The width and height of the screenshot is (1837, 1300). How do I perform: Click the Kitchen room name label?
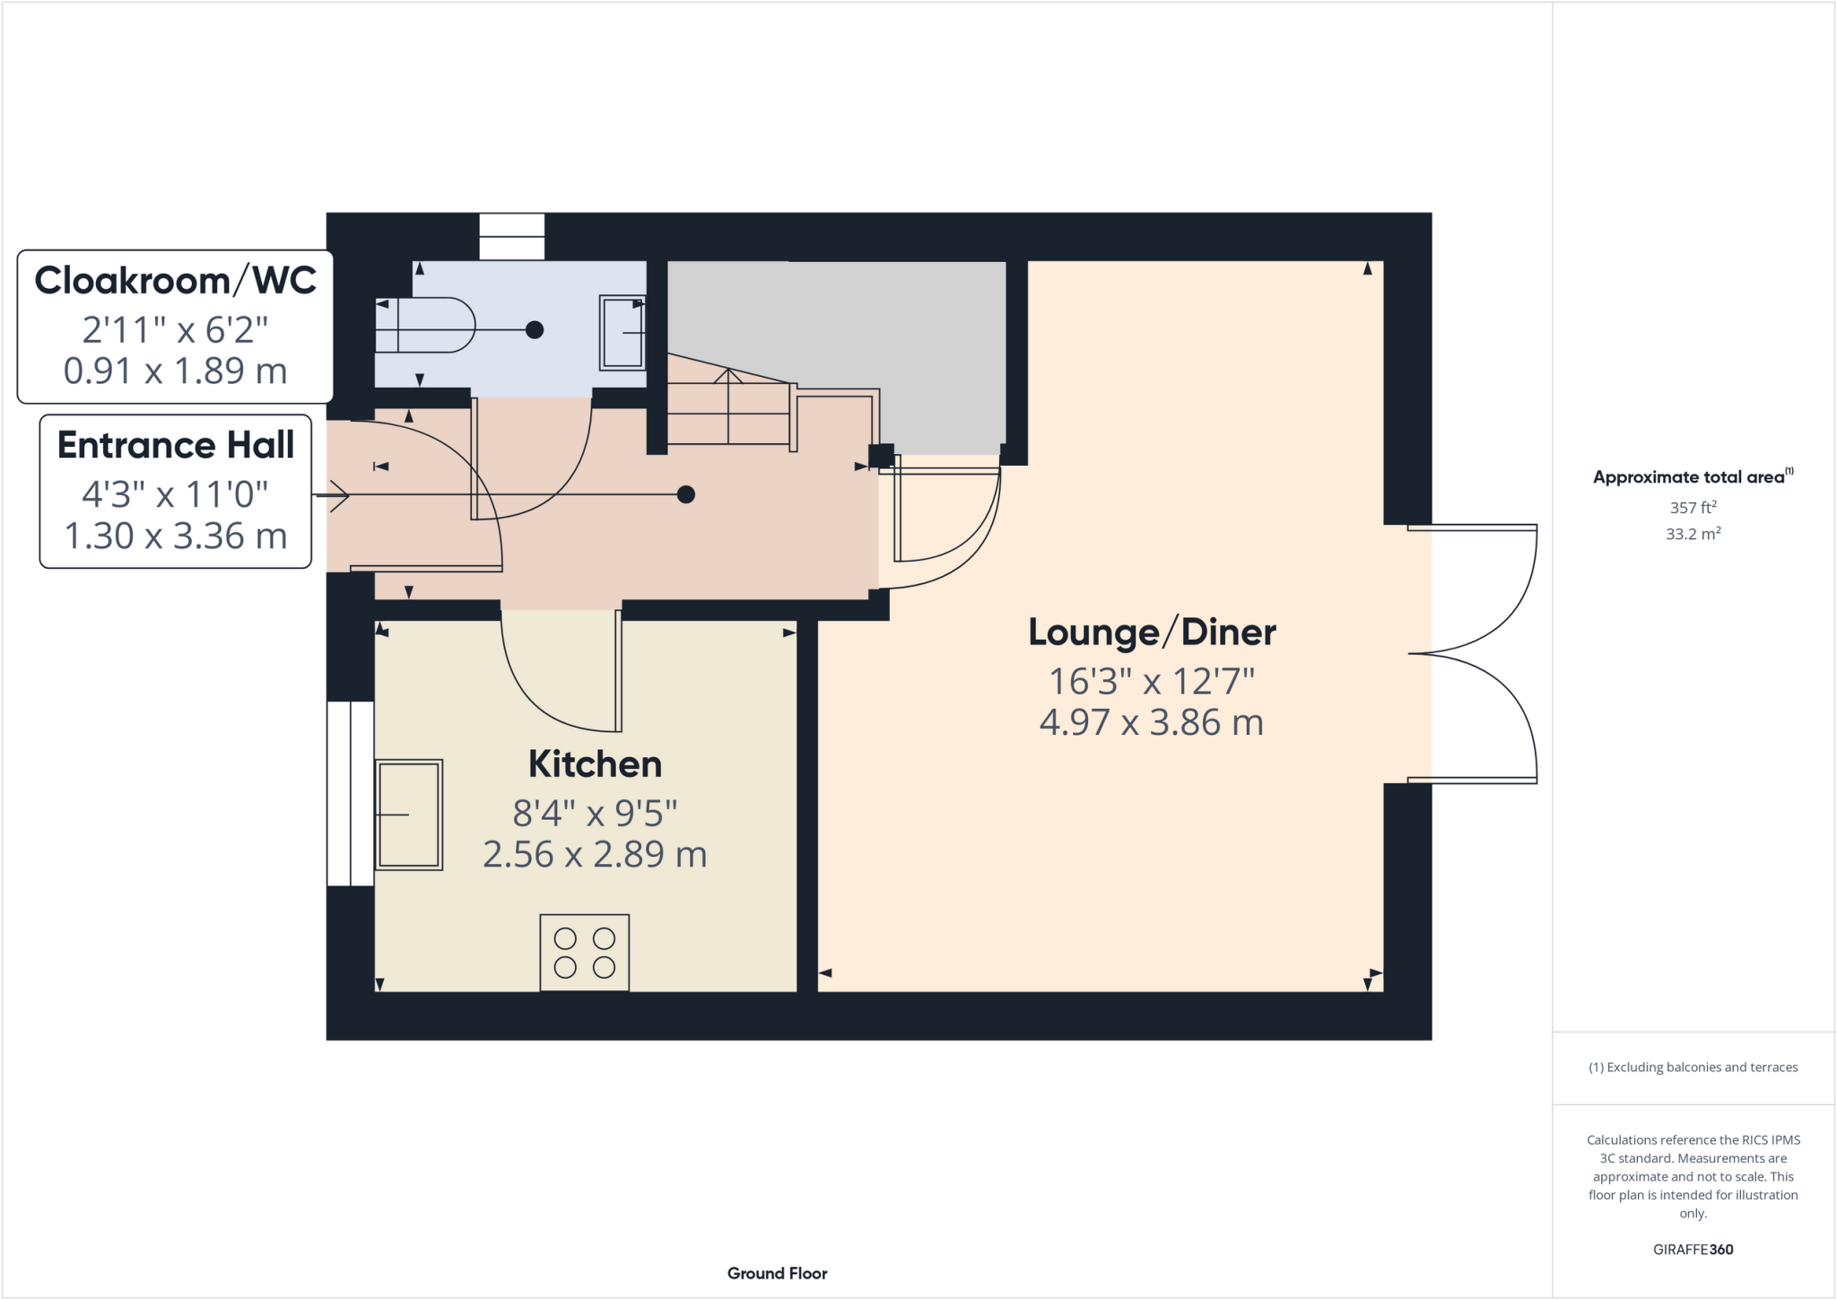[x=595, y=764]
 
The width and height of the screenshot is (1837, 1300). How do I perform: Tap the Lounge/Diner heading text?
[x=1152, y=633]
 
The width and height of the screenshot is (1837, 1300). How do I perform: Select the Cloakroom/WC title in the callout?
[x=175, y=281]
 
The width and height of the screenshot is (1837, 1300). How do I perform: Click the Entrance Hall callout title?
[x=176, y=445]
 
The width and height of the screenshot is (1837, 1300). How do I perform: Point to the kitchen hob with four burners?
[x=584, y=953]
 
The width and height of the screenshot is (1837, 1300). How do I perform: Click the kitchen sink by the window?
[x=408, y=815]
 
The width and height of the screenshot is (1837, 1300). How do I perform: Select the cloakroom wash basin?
[x=622, y=333]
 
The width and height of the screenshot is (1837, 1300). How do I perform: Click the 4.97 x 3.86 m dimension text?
[x=1152, y=723]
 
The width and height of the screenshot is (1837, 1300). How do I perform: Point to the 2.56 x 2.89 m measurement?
[x=595, y=855]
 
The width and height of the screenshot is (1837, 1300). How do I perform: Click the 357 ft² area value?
[x=1693, y=508]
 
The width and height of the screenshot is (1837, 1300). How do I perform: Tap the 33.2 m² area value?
[x=1693, y=534]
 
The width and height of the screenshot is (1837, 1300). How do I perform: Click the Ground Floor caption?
[x=777, y=1273]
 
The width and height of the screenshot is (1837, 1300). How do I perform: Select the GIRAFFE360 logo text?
[x=1693, y=1249]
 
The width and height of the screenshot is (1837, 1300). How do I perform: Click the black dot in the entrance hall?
[x=686, y=494]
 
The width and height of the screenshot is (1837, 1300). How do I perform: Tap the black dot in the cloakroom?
[x=535, y=330]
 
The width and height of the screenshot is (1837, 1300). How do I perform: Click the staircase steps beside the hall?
[x=728, y=412]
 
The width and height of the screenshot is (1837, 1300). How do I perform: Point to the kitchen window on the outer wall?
[x=350, y=793]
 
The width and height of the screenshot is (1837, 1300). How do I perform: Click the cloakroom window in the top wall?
[x=512, y=236]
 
